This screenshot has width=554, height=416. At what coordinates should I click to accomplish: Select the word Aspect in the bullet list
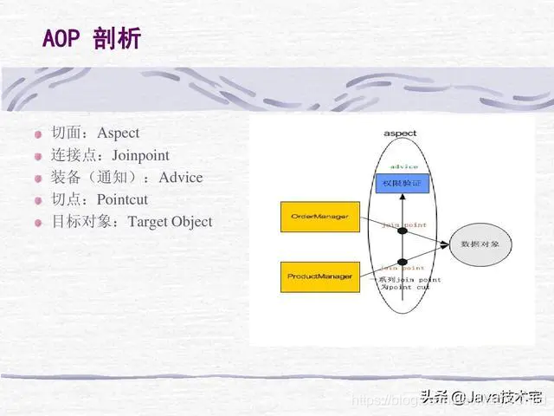(118, 133)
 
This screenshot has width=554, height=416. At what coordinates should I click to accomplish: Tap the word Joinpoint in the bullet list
(140, 155)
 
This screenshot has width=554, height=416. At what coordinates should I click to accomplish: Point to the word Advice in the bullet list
(181, 178)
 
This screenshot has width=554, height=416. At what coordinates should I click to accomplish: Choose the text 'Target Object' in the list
(170, 222)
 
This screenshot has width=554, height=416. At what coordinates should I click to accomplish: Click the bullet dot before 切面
(38, 134)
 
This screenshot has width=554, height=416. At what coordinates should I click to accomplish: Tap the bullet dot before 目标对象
(38, 223)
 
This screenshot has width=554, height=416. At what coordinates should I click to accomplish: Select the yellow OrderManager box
(319, 216)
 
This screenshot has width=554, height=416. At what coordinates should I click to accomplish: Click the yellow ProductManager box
(319, 276)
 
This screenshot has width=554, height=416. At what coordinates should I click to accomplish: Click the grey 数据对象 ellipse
(480, 245)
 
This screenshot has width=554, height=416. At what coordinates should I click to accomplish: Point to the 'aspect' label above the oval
(400, 133)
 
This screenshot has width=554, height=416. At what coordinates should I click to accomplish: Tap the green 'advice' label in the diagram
(403, 166)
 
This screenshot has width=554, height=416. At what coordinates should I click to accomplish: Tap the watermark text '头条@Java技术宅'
(481, 398)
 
